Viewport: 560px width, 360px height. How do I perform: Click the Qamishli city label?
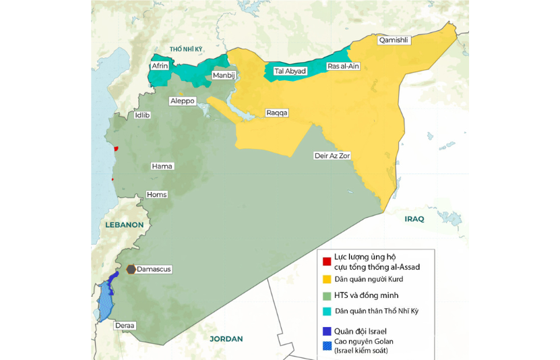(394, 40)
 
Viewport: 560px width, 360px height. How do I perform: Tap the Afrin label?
(160, 66)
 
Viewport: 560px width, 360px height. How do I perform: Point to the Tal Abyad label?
(290, 71)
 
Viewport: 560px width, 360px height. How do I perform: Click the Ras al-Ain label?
(344, 66)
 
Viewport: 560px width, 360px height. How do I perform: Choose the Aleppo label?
(182, 100)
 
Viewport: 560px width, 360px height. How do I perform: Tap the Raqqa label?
(276, 113)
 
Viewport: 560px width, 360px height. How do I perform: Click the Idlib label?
(142, 115)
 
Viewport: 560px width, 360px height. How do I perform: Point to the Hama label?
(162, 165)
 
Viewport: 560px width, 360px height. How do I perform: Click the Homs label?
(156, 195)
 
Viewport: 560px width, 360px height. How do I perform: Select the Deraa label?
(125, 326)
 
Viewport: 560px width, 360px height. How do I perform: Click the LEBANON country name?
(124, 224)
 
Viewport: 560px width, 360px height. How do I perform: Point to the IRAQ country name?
(414, 220)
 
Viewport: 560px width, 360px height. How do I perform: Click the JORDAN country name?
(226, 338)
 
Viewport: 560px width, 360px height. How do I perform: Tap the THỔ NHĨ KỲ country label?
(186, 50)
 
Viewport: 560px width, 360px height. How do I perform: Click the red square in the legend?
(326, 261)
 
